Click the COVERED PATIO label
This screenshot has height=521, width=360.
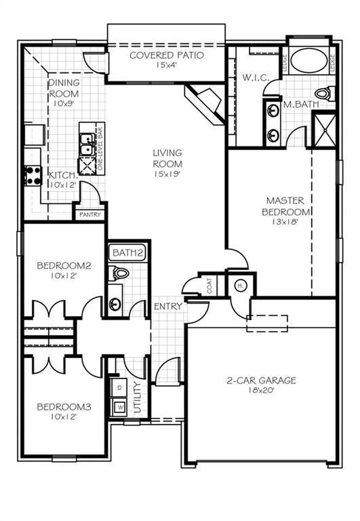point(166,55)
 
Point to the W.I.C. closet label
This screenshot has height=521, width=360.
point(256,78)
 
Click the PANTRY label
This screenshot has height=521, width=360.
point(89,215)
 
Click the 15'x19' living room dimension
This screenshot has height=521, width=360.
point(166,174)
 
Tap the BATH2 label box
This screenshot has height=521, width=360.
point(128,253)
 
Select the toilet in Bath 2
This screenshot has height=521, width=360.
point(121,273)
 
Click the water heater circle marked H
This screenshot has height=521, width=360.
point(240,286)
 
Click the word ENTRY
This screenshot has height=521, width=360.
point(167,307)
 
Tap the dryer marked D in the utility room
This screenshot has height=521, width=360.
point(120,387)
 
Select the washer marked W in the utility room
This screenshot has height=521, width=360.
point(120,407)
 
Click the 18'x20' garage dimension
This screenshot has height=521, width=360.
point(261,391)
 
